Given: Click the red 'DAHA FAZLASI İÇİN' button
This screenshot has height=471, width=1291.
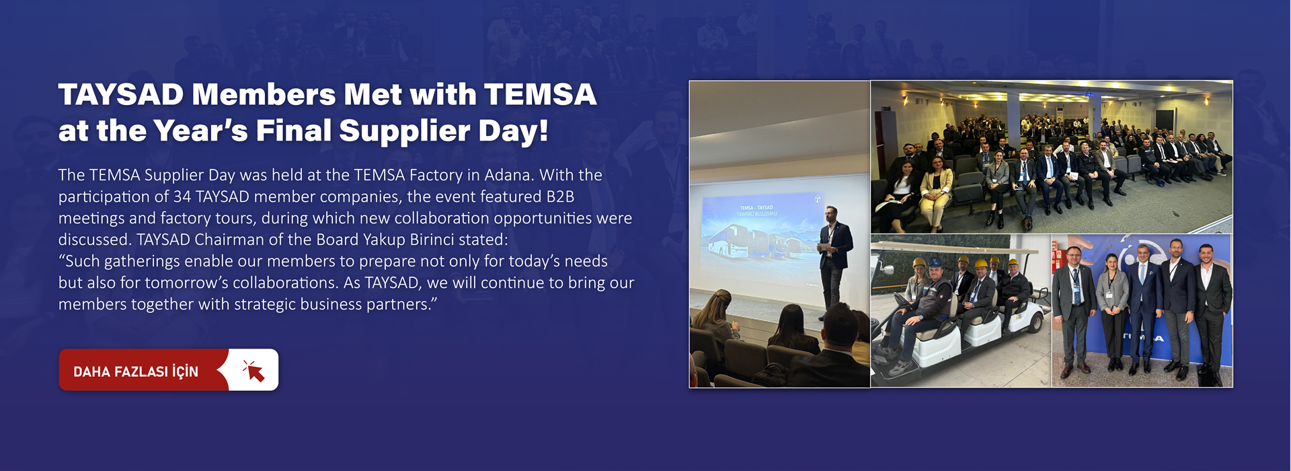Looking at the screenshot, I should point(145,371).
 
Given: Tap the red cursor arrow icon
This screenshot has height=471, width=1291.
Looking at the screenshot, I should point(253,370).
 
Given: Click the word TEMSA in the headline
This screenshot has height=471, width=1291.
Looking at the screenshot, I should point(540,94).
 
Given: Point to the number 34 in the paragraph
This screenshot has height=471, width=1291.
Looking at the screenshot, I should point(182,196).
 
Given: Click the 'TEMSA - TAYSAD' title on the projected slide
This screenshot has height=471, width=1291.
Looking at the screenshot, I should point(756,208).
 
